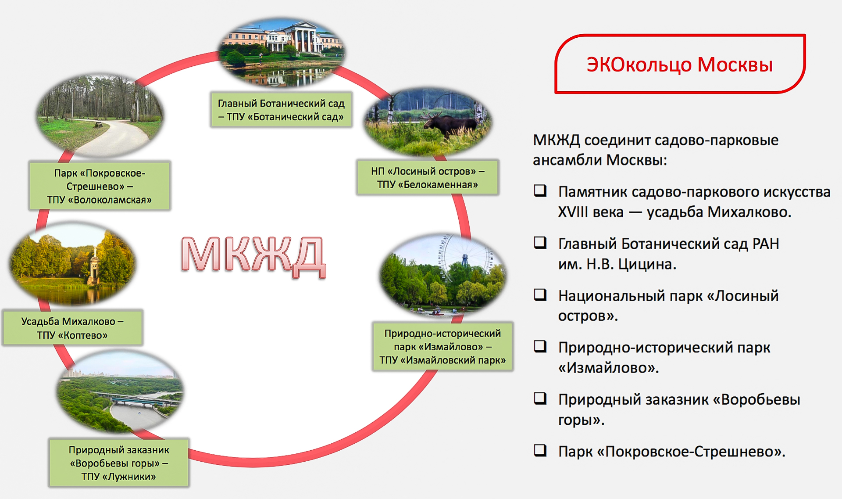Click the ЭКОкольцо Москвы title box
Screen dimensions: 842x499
click(x=680, y=64)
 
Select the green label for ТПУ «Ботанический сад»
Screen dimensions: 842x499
click(x=281, y=110)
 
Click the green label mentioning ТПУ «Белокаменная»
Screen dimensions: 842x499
click(x=428, y=178)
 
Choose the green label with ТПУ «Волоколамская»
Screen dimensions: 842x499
click(x=100, y=186)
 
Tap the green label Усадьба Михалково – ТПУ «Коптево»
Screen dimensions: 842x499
click(x=72, y=328)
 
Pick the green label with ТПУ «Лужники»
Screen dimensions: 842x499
click(x=119, y=463)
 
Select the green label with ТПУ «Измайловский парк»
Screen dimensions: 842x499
click(x=442, y=347)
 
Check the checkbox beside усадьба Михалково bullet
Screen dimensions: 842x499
click(x=540, y=190)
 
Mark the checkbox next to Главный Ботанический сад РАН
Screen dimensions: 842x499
click(x=540, y=243)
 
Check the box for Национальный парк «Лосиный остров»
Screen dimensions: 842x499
click(x=540, y=294)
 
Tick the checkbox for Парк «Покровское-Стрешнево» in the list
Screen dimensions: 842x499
click(x=540, y=450)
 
